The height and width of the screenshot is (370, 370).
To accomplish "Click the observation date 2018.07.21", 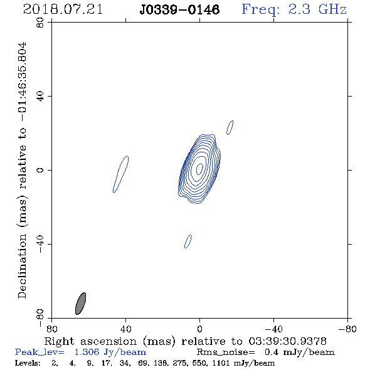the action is click(x=63, y=9).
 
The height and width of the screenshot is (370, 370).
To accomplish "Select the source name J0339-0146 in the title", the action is click(x=179, y=10).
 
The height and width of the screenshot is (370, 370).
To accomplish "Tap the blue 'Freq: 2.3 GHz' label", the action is click(x=294, y=9).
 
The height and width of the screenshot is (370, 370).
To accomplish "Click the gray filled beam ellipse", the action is click(x=80, y=304).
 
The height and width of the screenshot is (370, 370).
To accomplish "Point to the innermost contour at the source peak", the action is click(x=199, y=169).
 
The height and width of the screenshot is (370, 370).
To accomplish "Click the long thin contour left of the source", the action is click(x=120, y=174).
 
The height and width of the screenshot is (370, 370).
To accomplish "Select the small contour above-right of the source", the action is click(x=230, y=127).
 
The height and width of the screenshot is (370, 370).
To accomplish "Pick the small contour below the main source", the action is click(x=188, y=241).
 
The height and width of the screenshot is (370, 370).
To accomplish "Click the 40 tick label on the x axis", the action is click(x=126, y=329).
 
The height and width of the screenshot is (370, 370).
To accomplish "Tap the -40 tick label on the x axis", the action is click(x=273, y=329).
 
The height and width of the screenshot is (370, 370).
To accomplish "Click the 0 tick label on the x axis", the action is click(x=199, y=329).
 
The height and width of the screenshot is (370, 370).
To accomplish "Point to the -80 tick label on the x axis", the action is click(x=347, y=329).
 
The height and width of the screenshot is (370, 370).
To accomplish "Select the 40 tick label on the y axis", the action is click(x=40, y=97).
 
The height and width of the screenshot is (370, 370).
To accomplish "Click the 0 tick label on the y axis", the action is click(x=40, y=170).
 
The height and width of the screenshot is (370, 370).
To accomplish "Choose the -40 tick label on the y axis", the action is click(x=40, y=244).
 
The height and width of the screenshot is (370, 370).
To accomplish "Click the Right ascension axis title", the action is click(x=186, y=341).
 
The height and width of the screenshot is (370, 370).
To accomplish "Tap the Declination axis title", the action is click(x=22, y=171).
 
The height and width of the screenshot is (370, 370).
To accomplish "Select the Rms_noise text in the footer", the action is click(x=226, y=352).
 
